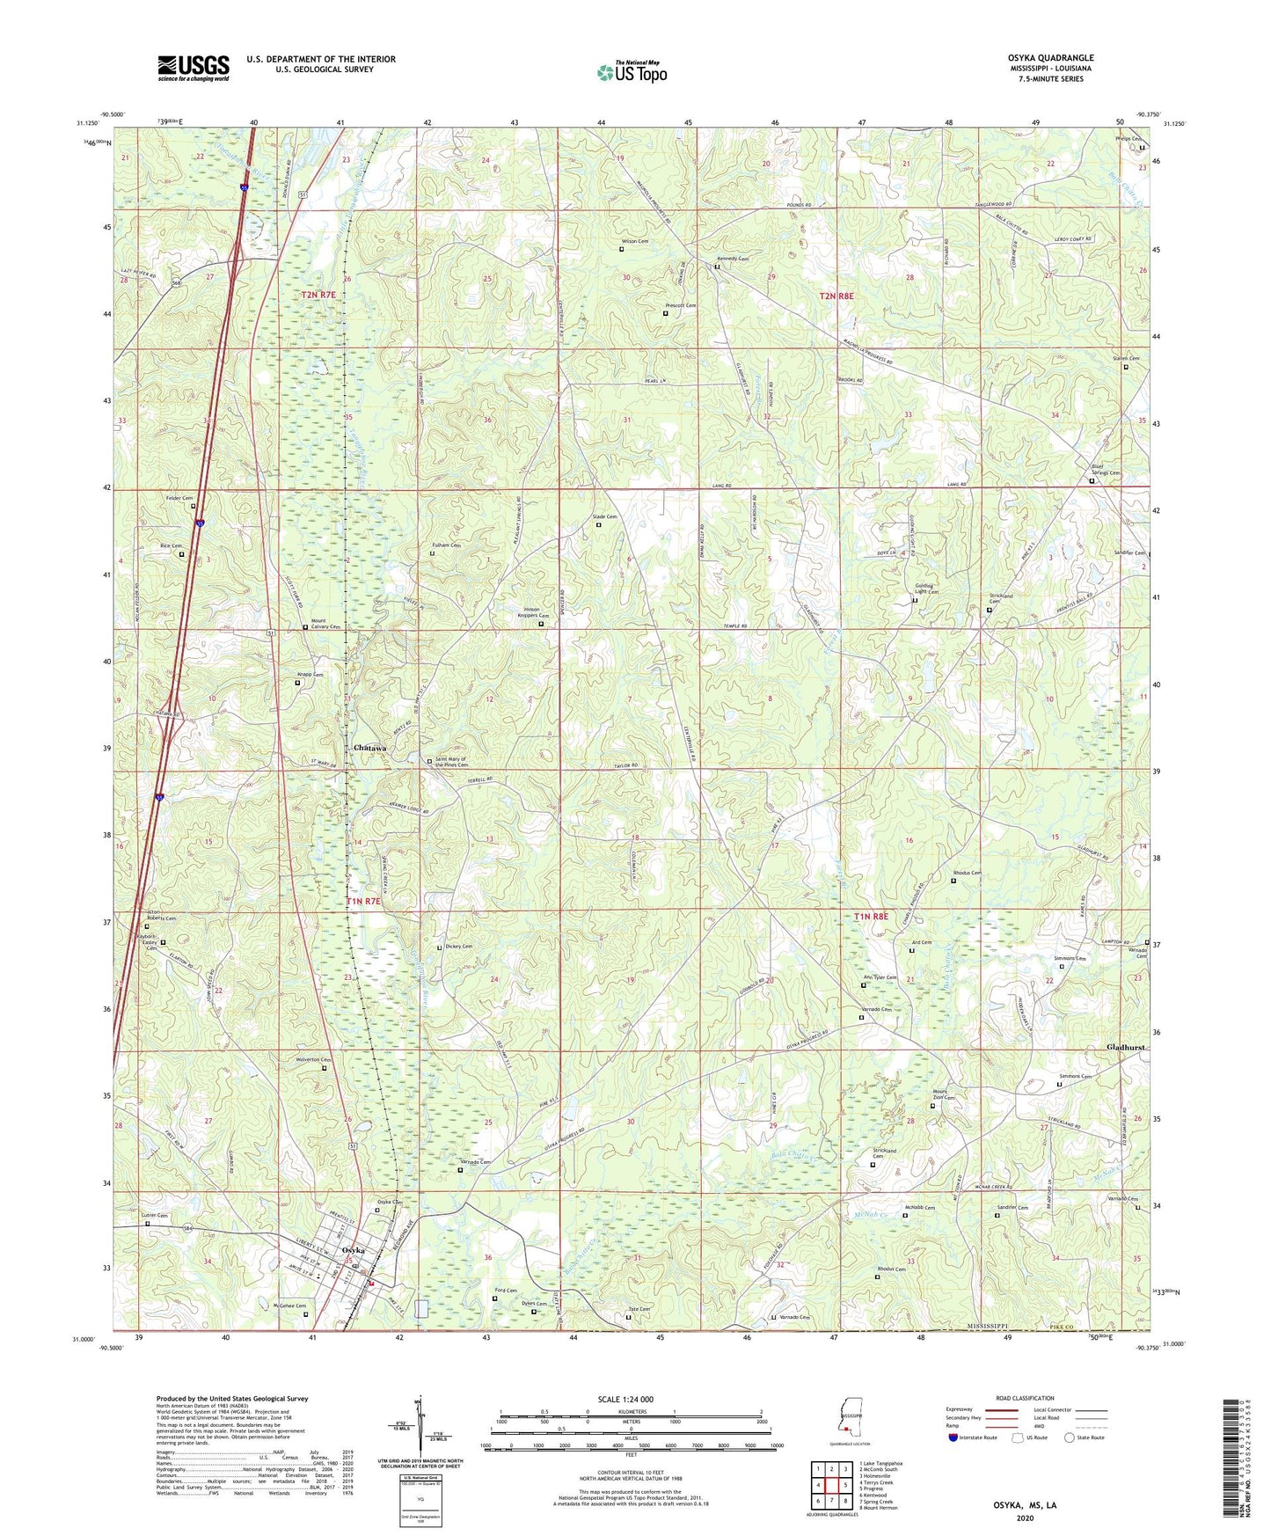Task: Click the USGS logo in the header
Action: tap(194, 68)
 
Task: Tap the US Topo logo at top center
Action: tap(632, 72)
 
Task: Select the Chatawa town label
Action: tap(370, 748)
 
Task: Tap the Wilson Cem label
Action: tap(635, 241)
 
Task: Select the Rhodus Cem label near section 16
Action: tap(966, 873)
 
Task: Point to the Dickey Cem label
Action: tap(458, 947)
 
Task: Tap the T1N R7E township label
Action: tap(363, 902)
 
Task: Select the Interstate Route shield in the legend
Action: tap(954, 1437)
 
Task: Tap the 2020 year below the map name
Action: tap(1025, 1517)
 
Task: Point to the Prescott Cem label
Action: tap(679, 306)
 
